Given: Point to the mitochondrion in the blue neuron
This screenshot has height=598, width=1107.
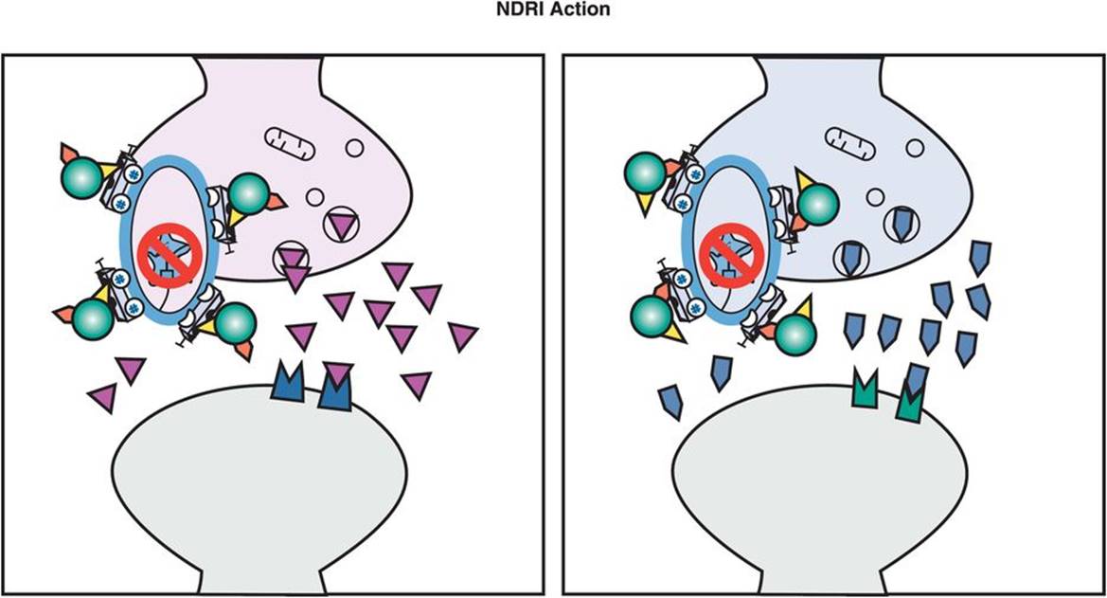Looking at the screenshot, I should [x=849, y=140].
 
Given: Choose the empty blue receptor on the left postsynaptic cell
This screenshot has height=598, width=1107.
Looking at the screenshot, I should [x=287, y=382].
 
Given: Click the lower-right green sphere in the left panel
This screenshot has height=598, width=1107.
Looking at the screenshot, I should [x=234, y=324].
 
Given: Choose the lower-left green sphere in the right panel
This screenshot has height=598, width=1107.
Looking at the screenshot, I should [x=652, y=315].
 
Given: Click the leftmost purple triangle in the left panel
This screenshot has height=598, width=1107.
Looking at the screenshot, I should [x=102, y=397].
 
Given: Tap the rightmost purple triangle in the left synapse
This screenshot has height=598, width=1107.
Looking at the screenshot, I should [x=463, y=336].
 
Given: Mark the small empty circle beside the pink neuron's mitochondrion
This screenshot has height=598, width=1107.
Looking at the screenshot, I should [x=354, y=147].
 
